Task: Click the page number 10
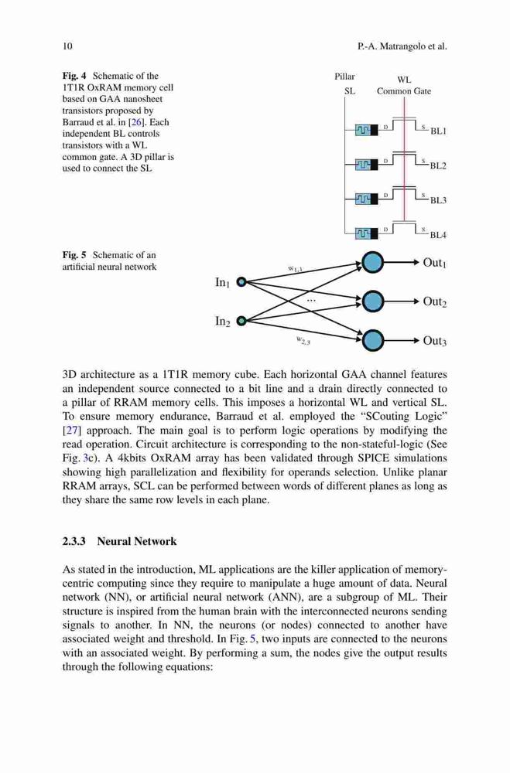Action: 67,46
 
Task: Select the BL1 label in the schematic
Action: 438,131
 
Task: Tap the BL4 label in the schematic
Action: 438,235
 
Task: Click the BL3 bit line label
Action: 438,200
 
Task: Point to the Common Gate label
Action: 404,91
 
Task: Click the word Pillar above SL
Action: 344,77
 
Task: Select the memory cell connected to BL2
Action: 366,164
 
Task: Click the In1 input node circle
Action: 241,282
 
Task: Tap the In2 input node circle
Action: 241,321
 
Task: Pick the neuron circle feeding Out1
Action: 372,262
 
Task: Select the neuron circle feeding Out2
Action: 372,301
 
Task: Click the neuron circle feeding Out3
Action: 372,340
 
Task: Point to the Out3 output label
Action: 434,341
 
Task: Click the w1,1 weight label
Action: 295,269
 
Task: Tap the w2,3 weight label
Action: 303,339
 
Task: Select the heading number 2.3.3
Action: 74,541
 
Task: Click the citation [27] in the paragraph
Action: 70,431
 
